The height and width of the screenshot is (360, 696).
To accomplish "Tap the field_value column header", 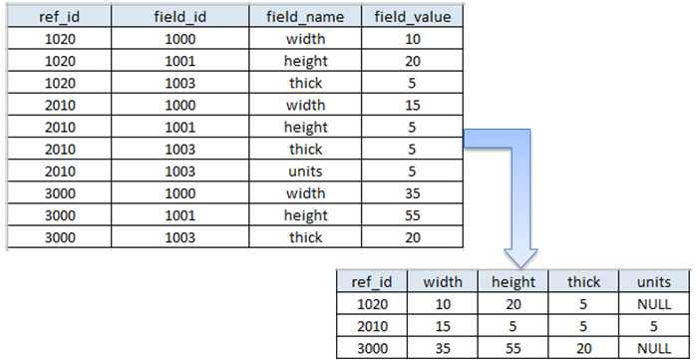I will [411, 17].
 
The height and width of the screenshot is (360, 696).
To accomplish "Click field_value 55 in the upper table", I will [411, 214].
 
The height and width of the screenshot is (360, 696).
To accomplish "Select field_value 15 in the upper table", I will [411, 105].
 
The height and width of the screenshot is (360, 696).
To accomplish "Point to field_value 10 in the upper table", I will [411, 39].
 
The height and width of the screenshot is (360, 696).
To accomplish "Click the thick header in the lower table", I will [583, 282].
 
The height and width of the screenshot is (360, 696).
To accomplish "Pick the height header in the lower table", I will [515, 282].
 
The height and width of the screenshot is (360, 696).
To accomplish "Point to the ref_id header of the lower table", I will [372, 282].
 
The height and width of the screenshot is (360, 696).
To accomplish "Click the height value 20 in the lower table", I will [515, 303].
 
